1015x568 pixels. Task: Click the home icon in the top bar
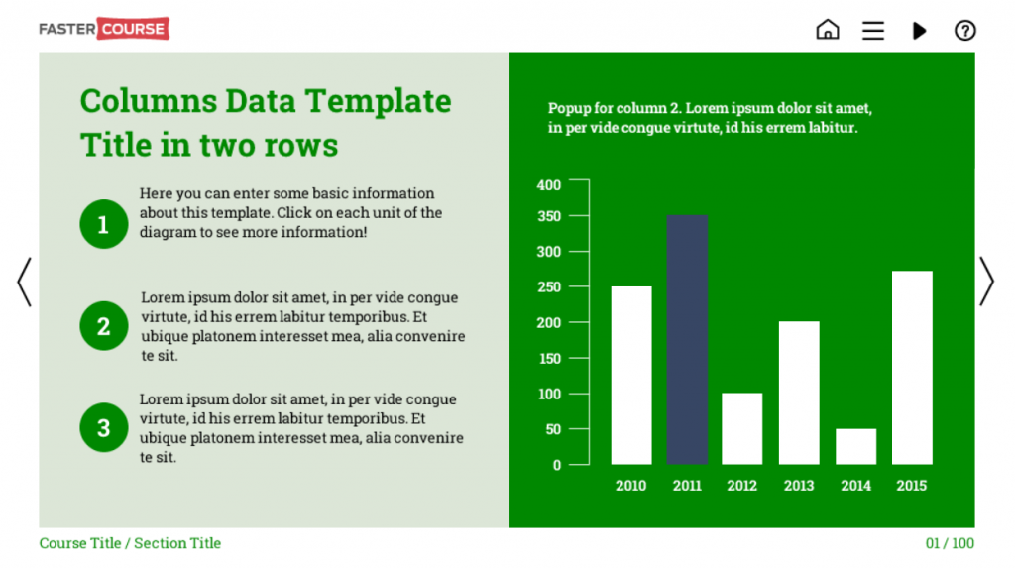[x=828, y=30]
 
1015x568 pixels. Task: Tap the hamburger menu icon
[x=872, y=31]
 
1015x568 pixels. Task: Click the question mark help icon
[x=964, y=31]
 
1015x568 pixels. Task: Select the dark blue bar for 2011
[x=687, y=339]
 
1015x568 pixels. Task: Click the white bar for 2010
[x=631, y=375]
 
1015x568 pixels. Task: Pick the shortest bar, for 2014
[x=855, y=446]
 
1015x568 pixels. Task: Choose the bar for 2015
[x=912, y=367]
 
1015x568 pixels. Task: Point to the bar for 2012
[x=741, y=428]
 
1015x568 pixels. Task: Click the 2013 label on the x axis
[x=799, y=486]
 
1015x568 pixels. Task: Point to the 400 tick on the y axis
[x=579, y=179]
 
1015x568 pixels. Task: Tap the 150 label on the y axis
[x=549, y=358]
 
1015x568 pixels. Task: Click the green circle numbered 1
[x=103, y=224]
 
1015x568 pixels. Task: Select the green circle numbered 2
[x=103, y=326]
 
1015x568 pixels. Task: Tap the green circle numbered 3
[x=103, y=427]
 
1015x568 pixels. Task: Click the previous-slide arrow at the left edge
[x=24, y=282]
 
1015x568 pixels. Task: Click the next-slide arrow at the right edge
[x=986, y=282]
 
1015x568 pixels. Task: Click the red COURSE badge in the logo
[x=133, y=29]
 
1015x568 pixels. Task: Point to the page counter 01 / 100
[x=950, y=543]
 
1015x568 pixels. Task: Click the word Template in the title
[x=378, y=101]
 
